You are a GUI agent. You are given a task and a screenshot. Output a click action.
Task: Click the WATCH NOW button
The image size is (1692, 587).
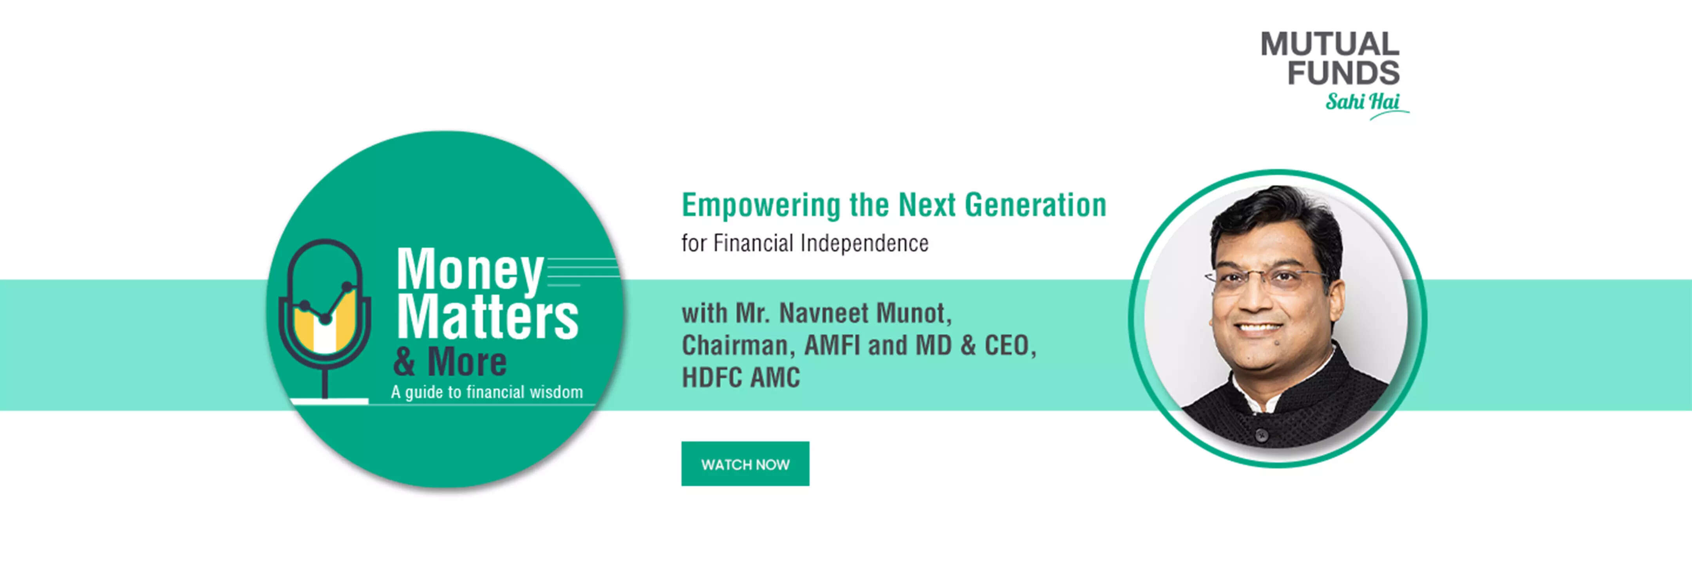point(745,464)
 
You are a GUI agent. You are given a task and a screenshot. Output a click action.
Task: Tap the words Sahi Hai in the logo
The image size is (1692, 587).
point(1362,102)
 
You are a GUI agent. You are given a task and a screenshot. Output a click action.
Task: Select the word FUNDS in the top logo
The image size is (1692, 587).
point(1343,72)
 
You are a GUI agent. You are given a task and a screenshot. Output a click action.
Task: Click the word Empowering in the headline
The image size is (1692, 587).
point(761,205)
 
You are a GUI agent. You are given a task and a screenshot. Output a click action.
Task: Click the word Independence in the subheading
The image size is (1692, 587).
point(864,243)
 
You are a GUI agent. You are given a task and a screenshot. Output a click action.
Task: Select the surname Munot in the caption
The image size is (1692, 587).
point(914,314)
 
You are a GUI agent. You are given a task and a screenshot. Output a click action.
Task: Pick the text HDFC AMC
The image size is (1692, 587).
point(741,378)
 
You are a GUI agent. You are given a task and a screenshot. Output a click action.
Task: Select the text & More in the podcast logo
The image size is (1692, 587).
point(450,362)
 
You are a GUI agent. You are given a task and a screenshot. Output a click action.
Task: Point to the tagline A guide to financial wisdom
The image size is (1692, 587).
point(487,392)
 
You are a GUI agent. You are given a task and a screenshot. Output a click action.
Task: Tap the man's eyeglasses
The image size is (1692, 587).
point(1264,279)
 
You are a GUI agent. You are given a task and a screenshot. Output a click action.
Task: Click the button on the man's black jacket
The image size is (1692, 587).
point(1260,434)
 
